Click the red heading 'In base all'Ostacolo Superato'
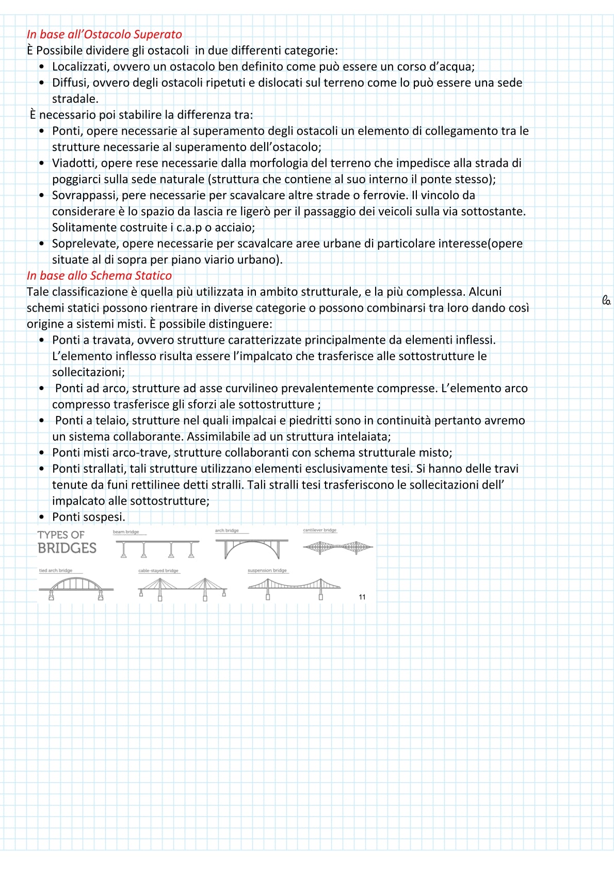[104, 35]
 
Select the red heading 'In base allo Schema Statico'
[99, 276]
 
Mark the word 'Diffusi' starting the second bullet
[69, 83]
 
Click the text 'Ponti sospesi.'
[89, 517]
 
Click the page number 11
[362, 597]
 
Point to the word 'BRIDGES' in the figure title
[67, 548]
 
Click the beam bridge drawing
[157, 548]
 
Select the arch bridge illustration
[252, 548]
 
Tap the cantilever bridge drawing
[338, 547]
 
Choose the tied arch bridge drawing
[76, 587]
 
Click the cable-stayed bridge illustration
[183, 588]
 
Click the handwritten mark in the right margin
[606, 300]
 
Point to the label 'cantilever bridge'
[320, 530]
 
